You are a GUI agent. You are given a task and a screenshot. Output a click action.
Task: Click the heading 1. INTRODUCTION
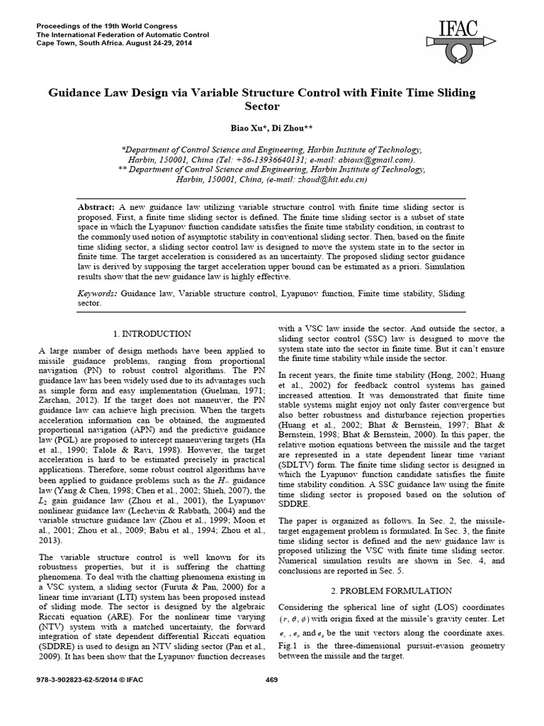[152, 333]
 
